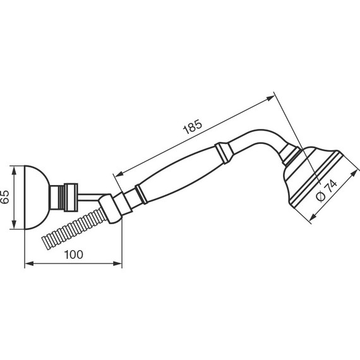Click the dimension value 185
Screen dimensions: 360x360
pos(193,126)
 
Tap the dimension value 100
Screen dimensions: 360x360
pos(73,255)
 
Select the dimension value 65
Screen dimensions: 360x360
pos(5,197)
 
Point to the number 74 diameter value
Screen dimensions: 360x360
pos(332,186)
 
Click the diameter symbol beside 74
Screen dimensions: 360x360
pos(321,196)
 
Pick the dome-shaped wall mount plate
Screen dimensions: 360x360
pos(37,197)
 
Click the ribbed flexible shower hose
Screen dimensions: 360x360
pos(74,228)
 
